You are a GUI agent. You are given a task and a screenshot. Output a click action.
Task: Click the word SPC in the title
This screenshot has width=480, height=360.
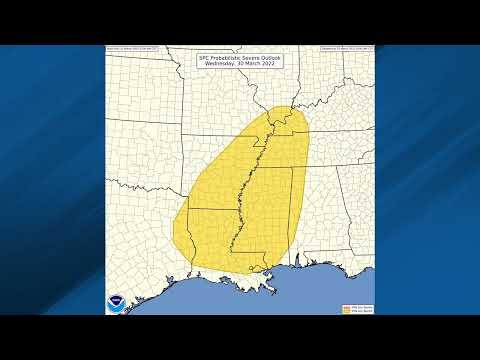coord(207,58)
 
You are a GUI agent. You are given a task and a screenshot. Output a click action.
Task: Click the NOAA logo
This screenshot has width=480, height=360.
coord(118,301)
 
